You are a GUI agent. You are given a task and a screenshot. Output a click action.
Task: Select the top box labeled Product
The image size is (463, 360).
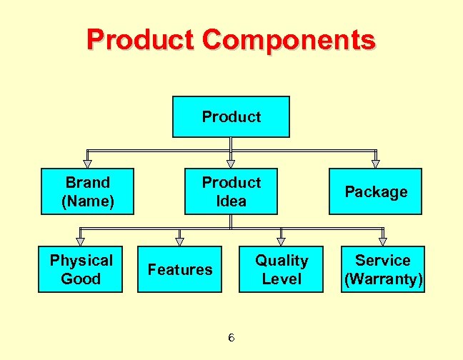point(231,116)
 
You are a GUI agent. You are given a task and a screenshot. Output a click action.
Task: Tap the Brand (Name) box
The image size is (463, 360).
point(88,191)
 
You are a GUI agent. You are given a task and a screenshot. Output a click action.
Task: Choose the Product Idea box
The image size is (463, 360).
point(231,191)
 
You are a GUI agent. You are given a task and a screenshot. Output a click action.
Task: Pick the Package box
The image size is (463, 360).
point(375,191)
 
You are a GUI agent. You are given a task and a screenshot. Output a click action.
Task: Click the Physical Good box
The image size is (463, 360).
point(81,269)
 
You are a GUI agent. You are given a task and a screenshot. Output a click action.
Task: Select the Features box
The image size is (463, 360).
point(180,269)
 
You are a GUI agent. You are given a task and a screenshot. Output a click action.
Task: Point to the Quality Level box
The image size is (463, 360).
point(282,269)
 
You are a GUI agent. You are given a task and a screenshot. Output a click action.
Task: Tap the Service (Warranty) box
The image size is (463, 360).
point(383,269)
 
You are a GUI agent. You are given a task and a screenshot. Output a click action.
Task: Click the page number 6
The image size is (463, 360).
point(231,337)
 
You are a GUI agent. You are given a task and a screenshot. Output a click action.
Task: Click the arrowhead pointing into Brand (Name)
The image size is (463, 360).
point(87,164)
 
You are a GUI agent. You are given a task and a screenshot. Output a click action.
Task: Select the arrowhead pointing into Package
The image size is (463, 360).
point(376,164)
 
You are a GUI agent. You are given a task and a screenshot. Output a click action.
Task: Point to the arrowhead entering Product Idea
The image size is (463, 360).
point(231,164)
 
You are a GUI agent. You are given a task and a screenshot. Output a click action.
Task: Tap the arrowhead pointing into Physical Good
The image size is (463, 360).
point(81,241)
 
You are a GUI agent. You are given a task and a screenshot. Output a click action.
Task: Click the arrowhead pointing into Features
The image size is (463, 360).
point(179,241)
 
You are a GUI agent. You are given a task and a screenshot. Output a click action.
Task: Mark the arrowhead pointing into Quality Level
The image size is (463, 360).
point(281,241)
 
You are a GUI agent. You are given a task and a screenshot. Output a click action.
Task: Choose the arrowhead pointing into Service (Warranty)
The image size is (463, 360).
point(383,241)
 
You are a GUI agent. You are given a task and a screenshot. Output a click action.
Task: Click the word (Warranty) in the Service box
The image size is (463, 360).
point(383,279)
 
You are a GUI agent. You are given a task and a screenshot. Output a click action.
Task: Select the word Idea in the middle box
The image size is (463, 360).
point(231,201)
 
